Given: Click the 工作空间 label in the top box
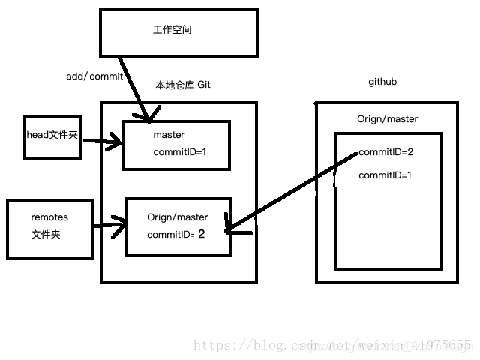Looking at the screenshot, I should [167, 31].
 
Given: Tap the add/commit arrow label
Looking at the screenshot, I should [94, 76].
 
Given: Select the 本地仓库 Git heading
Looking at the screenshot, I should [183, 85].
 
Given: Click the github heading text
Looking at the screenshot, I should [382, 81].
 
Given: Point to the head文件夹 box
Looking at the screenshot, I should [52, 136].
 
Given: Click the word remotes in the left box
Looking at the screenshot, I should [49, 217].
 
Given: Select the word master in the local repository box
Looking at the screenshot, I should [169, 136].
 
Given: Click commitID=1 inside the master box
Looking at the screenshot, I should [179, 152].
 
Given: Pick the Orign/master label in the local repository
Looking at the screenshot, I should [178, 217].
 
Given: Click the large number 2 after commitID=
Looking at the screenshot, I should [201, 234].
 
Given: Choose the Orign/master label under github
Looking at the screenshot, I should [387, 119].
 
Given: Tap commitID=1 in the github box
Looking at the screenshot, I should [385, 175].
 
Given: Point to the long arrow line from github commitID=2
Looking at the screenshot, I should [292, 192].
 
